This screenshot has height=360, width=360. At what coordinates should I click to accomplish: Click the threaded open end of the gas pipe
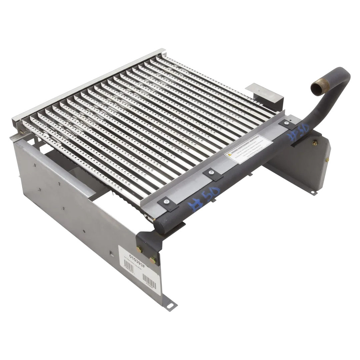pyautogui.click(x=318, y=88)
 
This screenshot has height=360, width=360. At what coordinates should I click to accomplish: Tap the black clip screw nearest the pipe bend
pyautogui.click(x=286, y=123)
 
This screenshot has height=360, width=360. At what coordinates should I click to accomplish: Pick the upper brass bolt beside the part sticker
pyautogui.click(x=139, y=247)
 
